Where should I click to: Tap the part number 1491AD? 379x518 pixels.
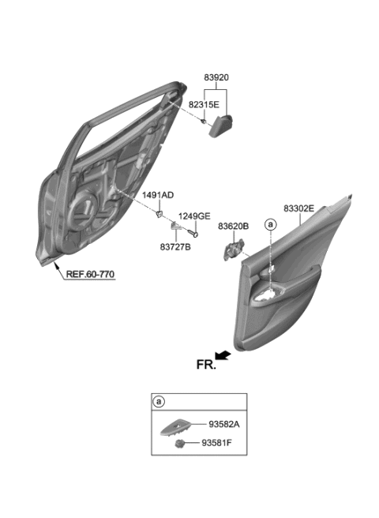157,194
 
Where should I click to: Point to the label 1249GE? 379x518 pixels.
193,216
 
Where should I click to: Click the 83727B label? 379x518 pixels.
174,246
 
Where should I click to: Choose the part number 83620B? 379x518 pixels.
234,226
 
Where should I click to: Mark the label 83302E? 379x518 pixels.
299,208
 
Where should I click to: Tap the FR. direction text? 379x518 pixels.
206,364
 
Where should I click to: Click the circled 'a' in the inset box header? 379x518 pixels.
159,401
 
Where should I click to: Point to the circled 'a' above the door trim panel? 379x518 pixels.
271,225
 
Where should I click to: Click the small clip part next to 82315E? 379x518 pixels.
204,121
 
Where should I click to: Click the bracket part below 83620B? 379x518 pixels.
233,250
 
